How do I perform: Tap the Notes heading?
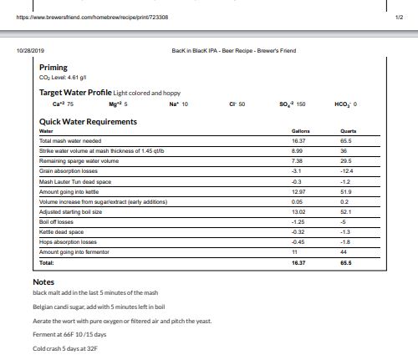tap(43, 282)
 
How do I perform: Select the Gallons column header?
tap(300, 132)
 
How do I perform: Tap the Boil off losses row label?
tap(58, 222)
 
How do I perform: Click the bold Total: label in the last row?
tap(47, 262)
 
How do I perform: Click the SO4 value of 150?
tap(291, 104)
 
